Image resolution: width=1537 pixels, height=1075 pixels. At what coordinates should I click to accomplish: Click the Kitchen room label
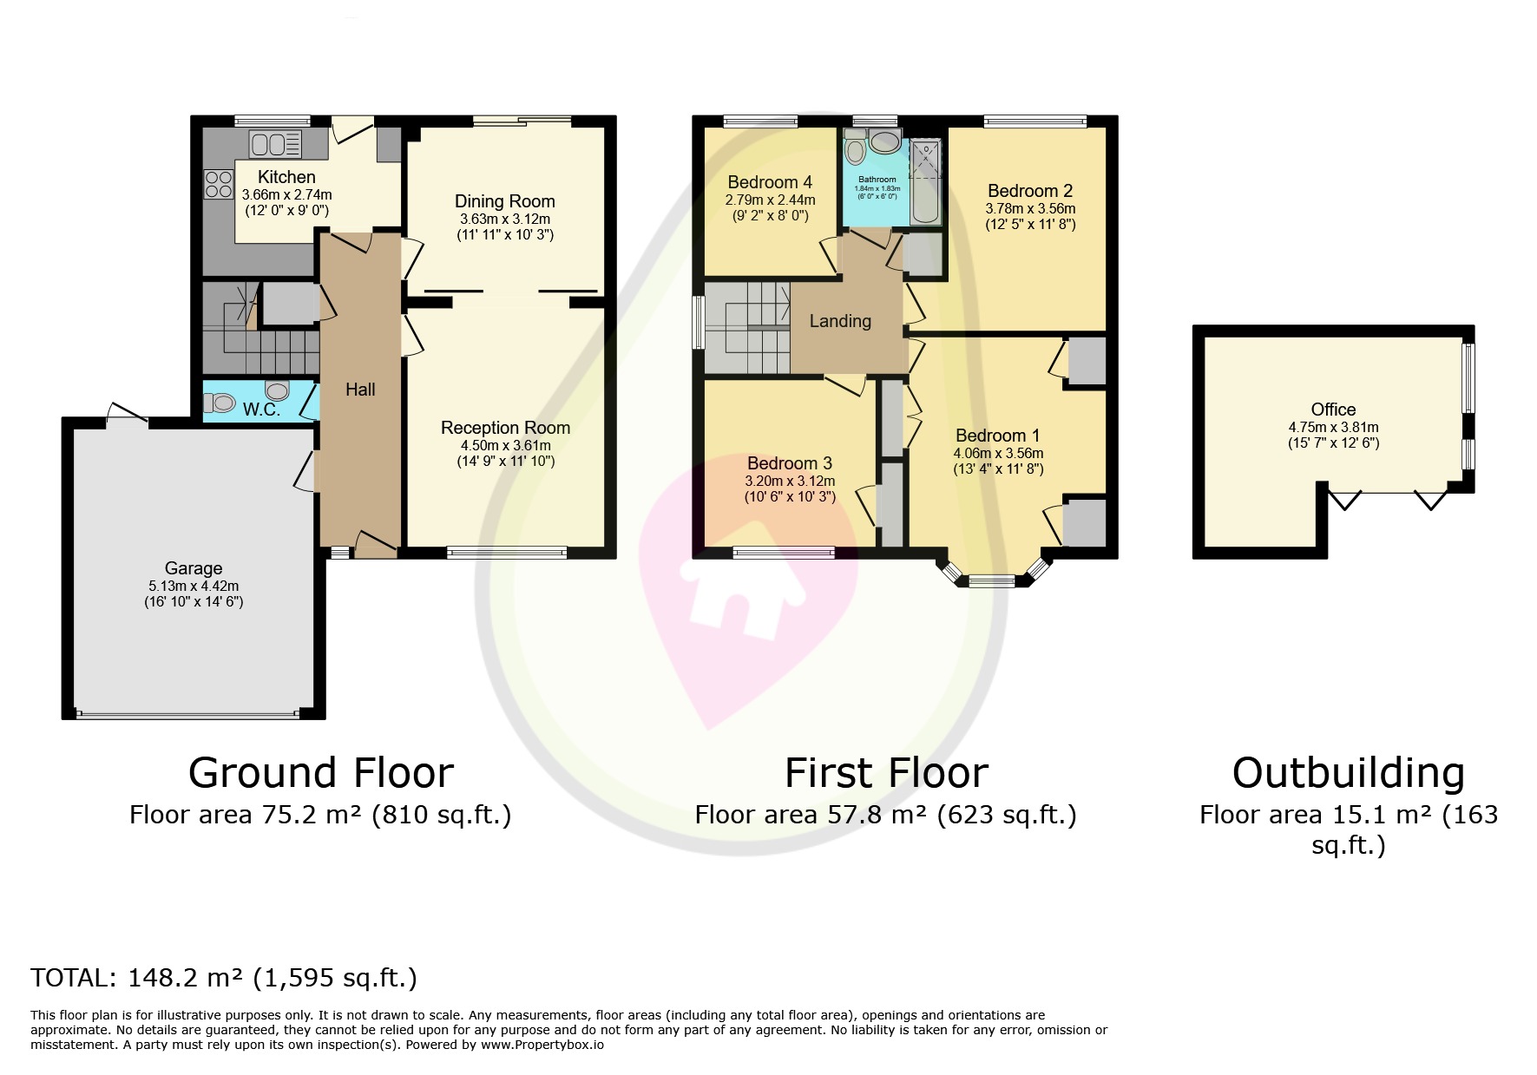pyautogui.click(x=286, y=177)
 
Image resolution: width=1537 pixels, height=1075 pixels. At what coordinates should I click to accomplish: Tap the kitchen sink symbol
pyautogui.click(x=275, y=143)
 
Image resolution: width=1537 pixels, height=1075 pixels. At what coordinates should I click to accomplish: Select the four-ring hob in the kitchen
pyautogui.click(x=218, y=184)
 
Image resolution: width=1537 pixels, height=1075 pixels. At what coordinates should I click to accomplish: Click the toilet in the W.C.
pyautogui.click(x=220, y=403)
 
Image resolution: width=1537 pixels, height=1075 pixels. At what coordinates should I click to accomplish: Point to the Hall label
pyautogui.click(x=360, y=390)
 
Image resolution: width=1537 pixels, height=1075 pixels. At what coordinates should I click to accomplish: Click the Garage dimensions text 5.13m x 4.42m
pyautogui.click(x=193, y=586)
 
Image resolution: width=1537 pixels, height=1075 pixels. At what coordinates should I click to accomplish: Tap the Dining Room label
pyautogui.click(x=504, y=201)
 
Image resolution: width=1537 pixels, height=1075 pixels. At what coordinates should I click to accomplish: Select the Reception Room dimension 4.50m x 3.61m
pyautogui.click(x=505, y=445)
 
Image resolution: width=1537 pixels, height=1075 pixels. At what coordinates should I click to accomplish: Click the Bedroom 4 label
pyautogui.click(x=769, y=182)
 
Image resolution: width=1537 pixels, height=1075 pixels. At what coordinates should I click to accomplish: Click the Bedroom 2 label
pyautogui.click(x=1029, y=191)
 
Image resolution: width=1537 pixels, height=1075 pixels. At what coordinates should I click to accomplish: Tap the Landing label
pyautogui.click(x=839, y=321)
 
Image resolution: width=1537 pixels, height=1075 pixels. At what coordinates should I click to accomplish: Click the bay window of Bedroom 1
pyautogui.click(x=990, y=580)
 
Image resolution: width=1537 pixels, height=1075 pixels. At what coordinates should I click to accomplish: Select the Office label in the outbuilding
pyautogui.click(x=1332, y=410)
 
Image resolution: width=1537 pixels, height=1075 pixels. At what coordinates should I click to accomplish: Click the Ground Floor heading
pyautogui.click(x=320, y=772)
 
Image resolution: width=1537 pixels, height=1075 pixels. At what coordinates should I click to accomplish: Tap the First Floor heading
pyautogui.click(x=885, y=772)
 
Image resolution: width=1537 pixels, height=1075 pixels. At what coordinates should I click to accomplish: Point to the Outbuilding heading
pyautogui.click(x=1348, y=772)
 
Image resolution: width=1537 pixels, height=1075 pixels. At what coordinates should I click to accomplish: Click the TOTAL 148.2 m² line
pyautogui.click(x=224, y=978)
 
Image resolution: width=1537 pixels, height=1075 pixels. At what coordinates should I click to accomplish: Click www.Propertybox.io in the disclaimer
pyautogui.click(x=542, y=1045)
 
